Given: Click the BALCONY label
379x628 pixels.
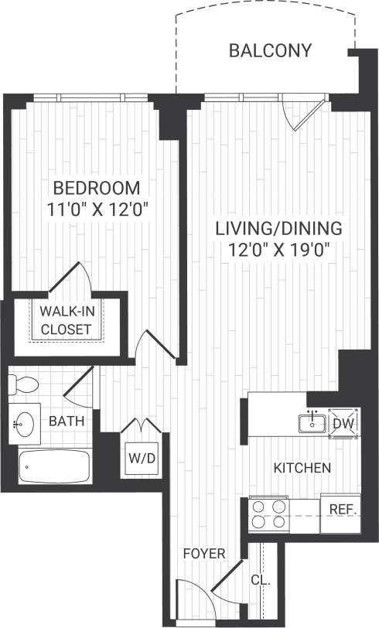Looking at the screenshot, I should (x=270, y=51).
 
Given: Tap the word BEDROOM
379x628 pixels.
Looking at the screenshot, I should (x=96, y=188).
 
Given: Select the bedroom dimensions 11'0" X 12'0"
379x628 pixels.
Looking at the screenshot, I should (x=96, y=208).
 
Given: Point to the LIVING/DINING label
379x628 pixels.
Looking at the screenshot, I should (x=278, y=229).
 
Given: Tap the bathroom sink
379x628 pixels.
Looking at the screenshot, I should (x=24, y=422).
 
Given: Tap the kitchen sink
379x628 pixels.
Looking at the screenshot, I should (x=312, y=422).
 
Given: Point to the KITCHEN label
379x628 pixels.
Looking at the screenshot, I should (x=303, y=468).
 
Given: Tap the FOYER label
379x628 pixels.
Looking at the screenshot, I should (x=203, y=554).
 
